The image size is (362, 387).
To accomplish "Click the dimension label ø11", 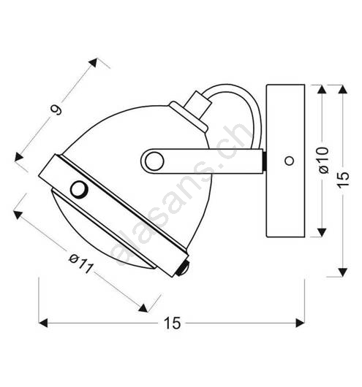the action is [x=81, y=264].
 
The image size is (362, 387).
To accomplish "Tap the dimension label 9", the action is [x=56, y=110].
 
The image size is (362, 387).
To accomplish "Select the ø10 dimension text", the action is [x=324, y=161].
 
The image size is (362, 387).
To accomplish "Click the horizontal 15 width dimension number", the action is [x=173, y=323].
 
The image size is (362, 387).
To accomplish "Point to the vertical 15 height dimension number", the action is [x=344, y=176].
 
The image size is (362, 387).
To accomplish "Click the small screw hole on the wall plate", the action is [x=289, y=161].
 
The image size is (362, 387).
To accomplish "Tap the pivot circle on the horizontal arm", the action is [x=154, y=161].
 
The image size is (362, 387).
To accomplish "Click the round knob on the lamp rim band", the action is [x=79, y=189].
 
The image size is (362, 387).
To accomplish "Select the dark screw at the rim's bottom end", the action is [x=183, y=268].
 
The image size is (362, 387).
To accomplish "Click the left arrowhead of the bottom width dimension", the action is [x=43, y=323].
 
